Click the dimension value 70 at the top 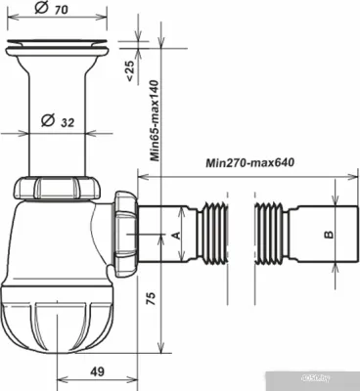pos(62,10)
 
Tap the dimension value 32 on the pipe pos(67,122)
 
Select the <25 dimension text pos(129,70)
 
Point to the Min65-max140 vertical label pos(156,120)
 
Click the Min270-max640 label pos(250,162)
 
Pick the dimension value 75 pos(151,298)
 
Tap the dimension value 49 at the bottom pos(97,371)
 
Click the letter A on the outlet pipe pos(176,236)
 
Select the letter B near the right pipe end pos(329,235)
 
